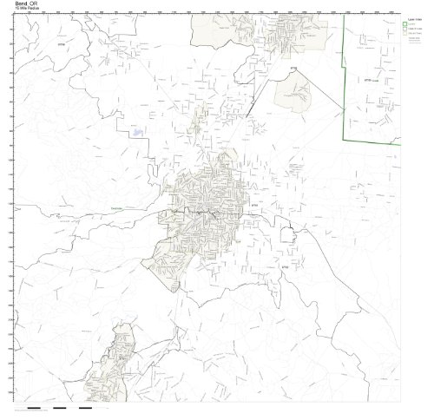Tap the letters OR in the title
click(33, 4)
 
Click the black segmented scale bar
click(61, 407)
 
